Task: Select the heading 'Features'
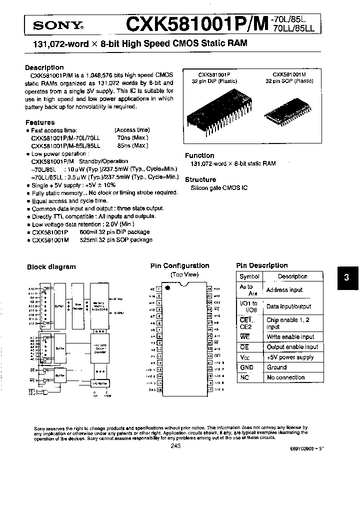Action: pos(40,122)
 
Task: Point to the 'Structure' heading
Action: pos(200,179)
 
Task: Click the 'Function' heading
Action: pos(199,155)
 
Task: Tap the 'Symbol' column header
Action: pos(249,276)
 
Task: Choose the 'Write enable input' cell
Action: pos(290,337)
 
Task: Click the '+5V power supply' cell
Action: pos(290,357)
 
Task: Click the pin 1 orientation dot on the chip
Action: pos(168,288)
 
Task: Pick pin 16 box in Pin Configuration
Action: pos(159,389)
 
